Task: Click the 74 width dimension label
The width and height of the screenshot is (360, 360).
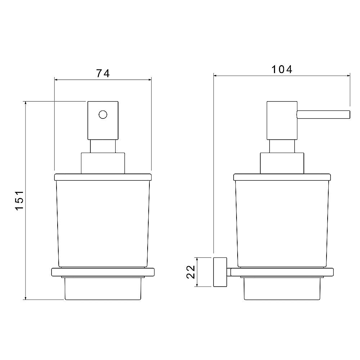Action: pos(103,73)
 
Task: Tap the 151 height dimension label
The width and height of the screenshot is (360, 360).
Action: pos(19,200)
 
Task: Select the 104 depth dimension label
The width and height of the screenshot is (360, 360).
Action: pos(282,69)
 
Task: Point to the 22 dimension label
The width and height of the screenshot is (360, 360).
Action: pos(191,272)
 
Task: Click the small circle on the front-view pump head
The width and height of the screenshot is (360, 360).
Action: pos(103,114)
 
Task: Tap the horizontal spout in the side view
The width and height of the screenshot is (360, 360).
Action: pos(323,114)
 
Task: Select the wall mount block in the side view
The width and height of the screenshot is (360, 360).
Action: pos(220,272)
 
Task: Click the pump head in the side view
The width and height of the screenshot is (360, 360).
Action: pos(282,120)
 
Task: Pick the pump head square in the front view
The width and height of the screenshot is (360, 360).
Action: pos(103,120)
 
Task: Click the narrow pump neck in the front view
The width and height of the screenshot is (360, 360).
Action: pos(103,146)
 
